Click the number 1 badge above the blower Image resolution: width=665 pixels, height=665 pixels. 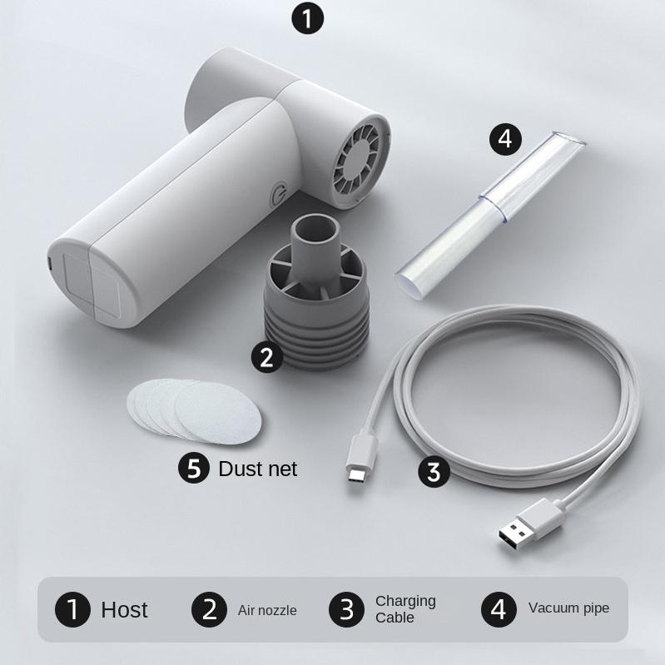pos(308,18)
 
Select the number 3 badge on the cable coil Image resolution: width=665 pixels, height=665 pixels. pos(433,472)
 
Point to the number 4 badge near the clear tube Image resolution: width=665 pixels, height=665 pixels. pos(505,138)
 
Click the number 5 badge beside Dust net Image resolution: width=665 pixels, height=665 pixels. pos(195,468)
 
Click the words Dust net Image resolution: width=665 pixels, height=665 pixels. pos(257,469)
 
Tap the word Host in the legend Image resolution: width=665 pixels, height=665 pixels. pos(124,610)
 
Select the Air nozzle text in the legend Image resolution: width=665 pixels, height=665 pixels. pos(267,610)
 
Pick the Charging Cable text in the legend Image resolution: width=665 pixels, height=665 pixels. pos(405,609)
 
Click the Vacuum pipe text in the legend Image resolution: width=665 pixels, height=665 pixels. pos(568,608)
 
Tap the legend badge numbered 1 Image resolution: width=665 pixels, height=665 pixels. pos(73,610)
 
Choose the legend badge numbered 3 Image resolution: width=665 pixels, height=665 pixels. pos(346,610)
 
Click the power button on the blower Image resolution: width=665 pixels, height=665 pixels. pos(279,197)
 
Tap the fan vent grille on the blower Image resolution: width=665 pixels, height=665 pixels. pos(360,160)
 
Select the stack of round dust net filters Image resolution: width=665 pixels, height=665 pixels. pos(192,409)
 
